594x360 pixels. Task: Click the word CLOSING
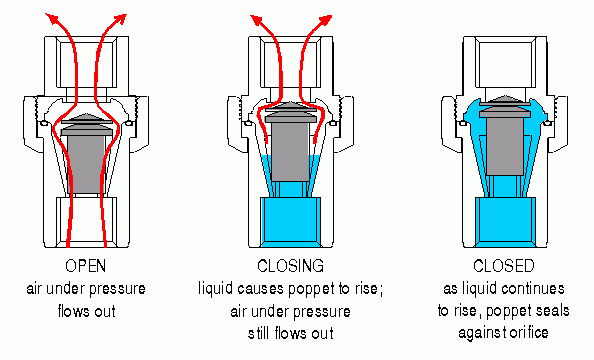pyautogui.click(x=296, y=267)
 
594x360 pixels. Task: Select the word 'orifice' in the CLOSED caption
pyautogui.click(x=539, y=329)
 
